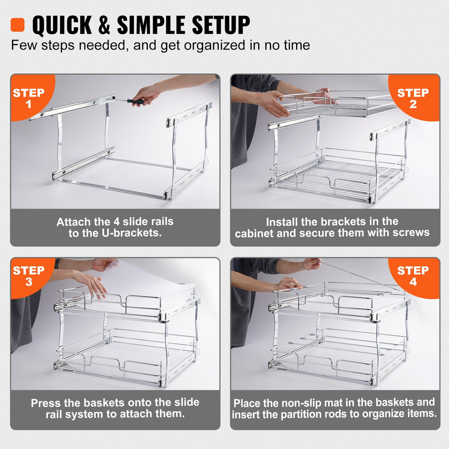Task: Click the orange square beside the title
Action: [x=17, y=25]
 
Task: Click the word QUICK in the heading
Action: [x=62, y=25]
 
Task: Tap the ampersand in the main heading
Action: [x=104, y=25]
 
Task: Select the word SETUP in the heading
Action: [x=221, y=25]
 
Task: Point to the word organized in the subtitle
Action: [x=215, y=45]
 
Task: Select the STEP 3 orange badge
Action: [x=29, y=276]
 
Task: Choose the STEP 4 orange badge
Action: [x=413, y=276]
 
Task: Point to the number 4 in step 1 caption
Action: [x=117, y=222]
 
